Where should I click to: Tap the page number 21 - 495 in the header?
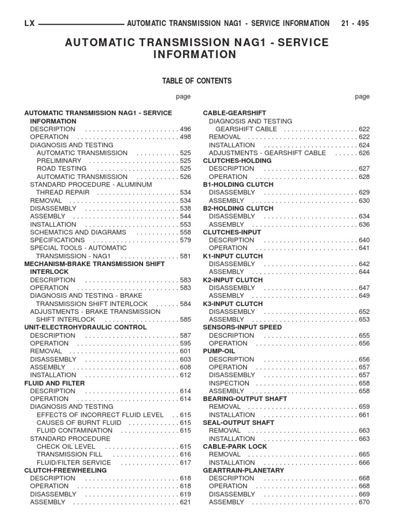[354, 23]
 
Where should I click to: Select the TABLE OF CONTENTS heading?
[197, 80]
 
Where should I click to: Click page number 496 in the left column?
[185, 129]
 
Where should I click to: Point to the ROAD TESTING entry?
[62, 169]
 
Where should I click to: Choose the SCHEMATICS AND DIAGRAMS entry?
[77, 232]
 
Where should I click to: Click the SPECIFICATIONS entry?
[57, 240]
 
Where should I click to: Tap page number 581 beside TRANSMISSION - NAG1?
[185, 256]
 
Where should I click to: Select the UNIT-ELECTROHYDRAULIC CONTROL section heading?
[86, 327]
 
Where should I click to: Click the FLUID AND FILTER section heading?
[55, 383]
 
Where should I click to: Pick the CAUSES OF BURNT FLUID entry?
[79, 422]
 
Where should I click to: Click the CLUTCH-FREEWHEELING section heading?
[66, 470]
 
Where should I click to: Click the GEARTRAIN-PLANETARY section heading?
[243, 470]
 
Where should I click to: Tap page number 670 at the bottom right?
[364, 502]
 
